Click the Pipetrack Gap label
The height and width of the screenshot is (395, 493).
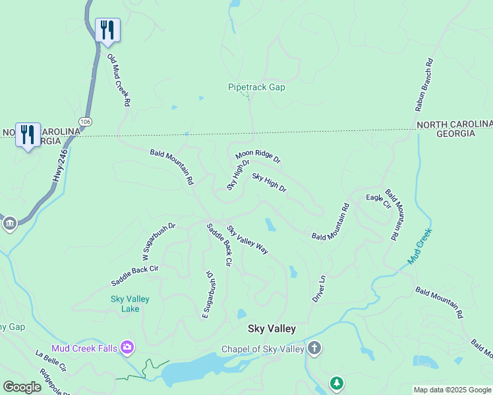256,87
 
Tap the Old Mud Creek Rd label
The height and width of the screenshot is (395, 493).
119,81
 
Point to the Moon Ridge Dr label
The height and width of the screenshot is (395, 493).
258,157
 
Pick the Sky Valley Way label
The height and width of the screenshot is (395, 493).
248,240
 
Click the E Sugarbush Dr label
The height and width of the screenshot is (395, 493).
208,295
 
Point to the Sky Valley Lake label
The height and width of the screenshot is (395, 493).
130,303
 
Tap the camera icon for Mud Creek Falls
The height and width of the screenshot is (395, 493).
127,347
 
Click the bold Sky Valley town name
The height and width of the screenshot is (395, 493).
272,329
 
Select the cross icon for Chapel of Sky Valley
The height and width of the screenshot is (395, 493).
314,348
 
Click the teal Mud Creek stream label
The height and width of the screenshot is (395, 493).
419,246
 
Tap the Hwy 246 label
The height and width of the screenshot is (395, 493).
60,167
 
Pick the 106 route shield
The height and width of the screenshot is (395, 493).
85,122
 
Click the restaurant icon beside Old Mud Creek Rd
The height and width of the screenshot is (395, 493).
107,30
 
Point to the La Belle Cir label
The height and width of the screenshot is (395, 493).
51,362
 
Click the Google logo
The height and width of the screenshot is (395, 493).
22,387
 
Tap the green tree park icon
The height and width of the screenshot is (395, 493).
337,382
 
